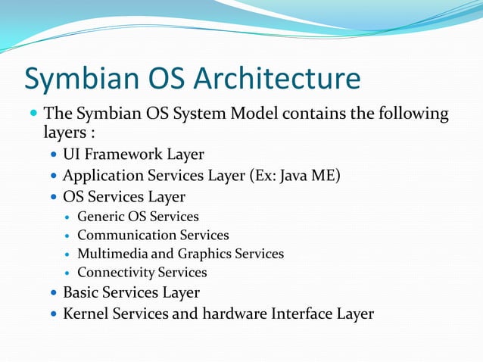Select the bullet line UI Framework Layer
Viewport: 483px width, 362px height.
point(133,154)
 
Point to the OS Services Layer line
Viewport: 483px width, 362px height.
point(124,197)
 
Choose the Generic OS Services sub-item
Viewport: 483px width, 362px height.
point(138,217)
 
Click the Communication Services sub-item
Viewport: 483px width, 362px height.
point(153,236)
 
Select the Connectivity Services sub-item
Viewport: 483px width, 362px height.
point(142,273)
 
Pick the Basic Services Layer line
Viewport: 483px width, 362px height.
point(131,292)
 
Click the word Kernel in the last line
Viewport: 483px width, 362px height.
point(86,314)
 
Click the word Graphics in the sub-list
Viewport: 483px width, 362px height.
point(204,254)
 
